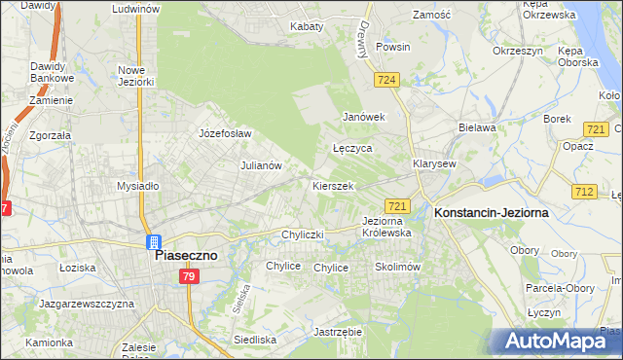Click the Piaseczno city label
pos(187,255)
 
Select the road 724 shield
pos(387,80)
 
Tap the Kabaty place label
pos(307,26)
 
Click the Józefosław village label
pos(225,133)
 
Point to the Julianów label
pos(261,165)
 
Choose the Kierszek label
pos(332,185)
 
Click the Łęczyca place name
pos(352,149)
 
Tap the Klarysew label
pos(434,164)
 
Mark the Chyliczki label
pos(302,234)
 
